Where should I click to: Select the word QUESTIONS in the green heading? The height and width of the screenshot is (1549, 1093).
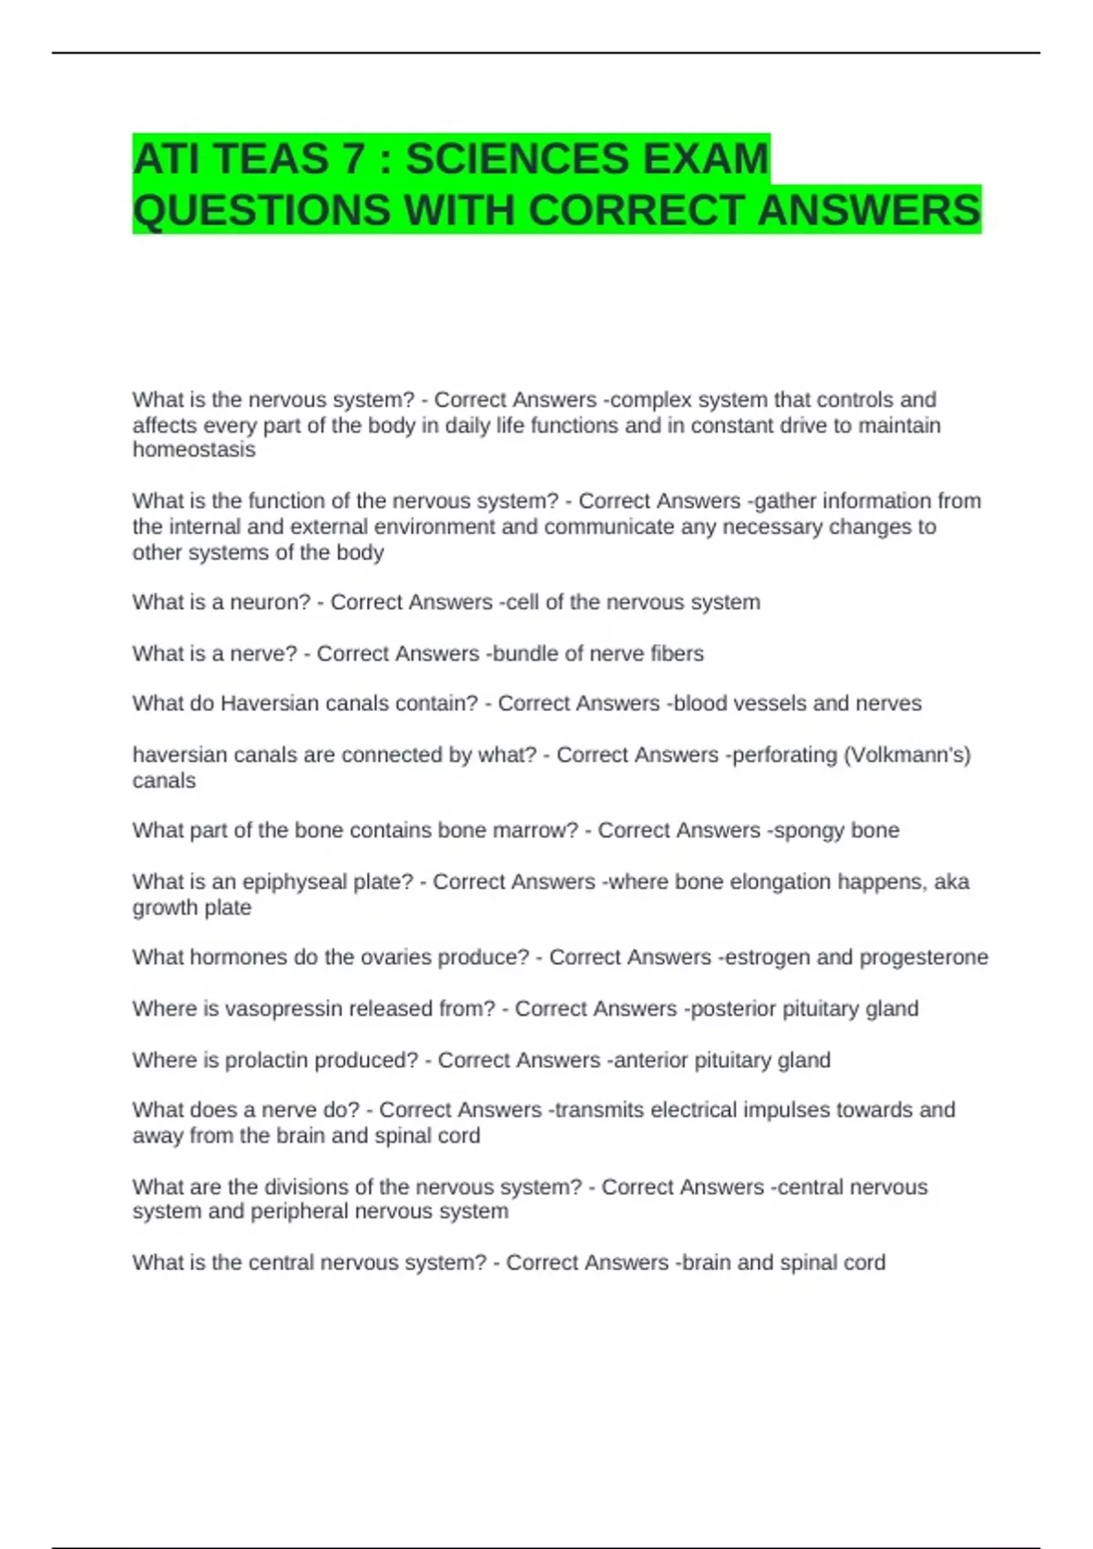pyautogui.click(x=261, y=210)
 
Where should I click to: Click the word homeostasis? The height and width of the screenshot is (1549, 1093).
pyautogui.click(x=194, y=450)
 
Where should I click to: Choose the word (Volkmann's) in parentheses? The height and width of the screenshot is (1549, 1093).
pyautogui.click(x=907, y=755)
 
